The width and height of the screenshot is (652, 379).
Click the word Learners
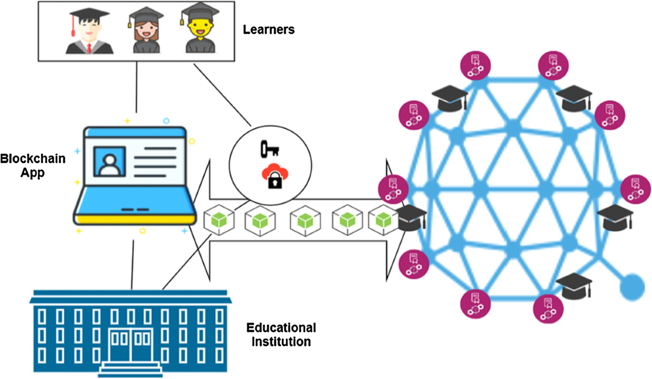[268, 29]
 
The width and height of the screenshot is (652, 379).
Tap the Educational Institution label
[280, 335]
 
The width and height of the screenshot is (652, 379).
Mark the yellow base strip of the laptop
[134, 219]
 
